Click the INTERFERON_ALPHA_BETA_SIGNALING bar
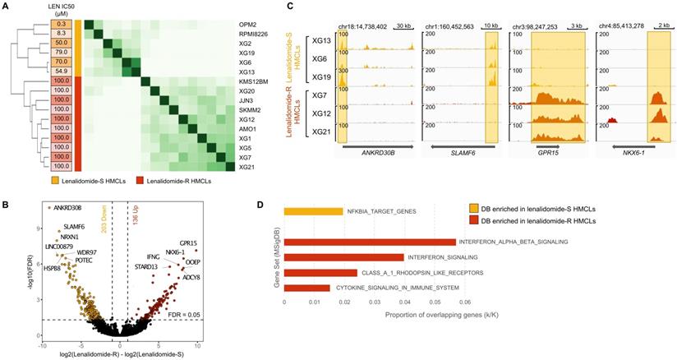(x=370, y=242)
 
